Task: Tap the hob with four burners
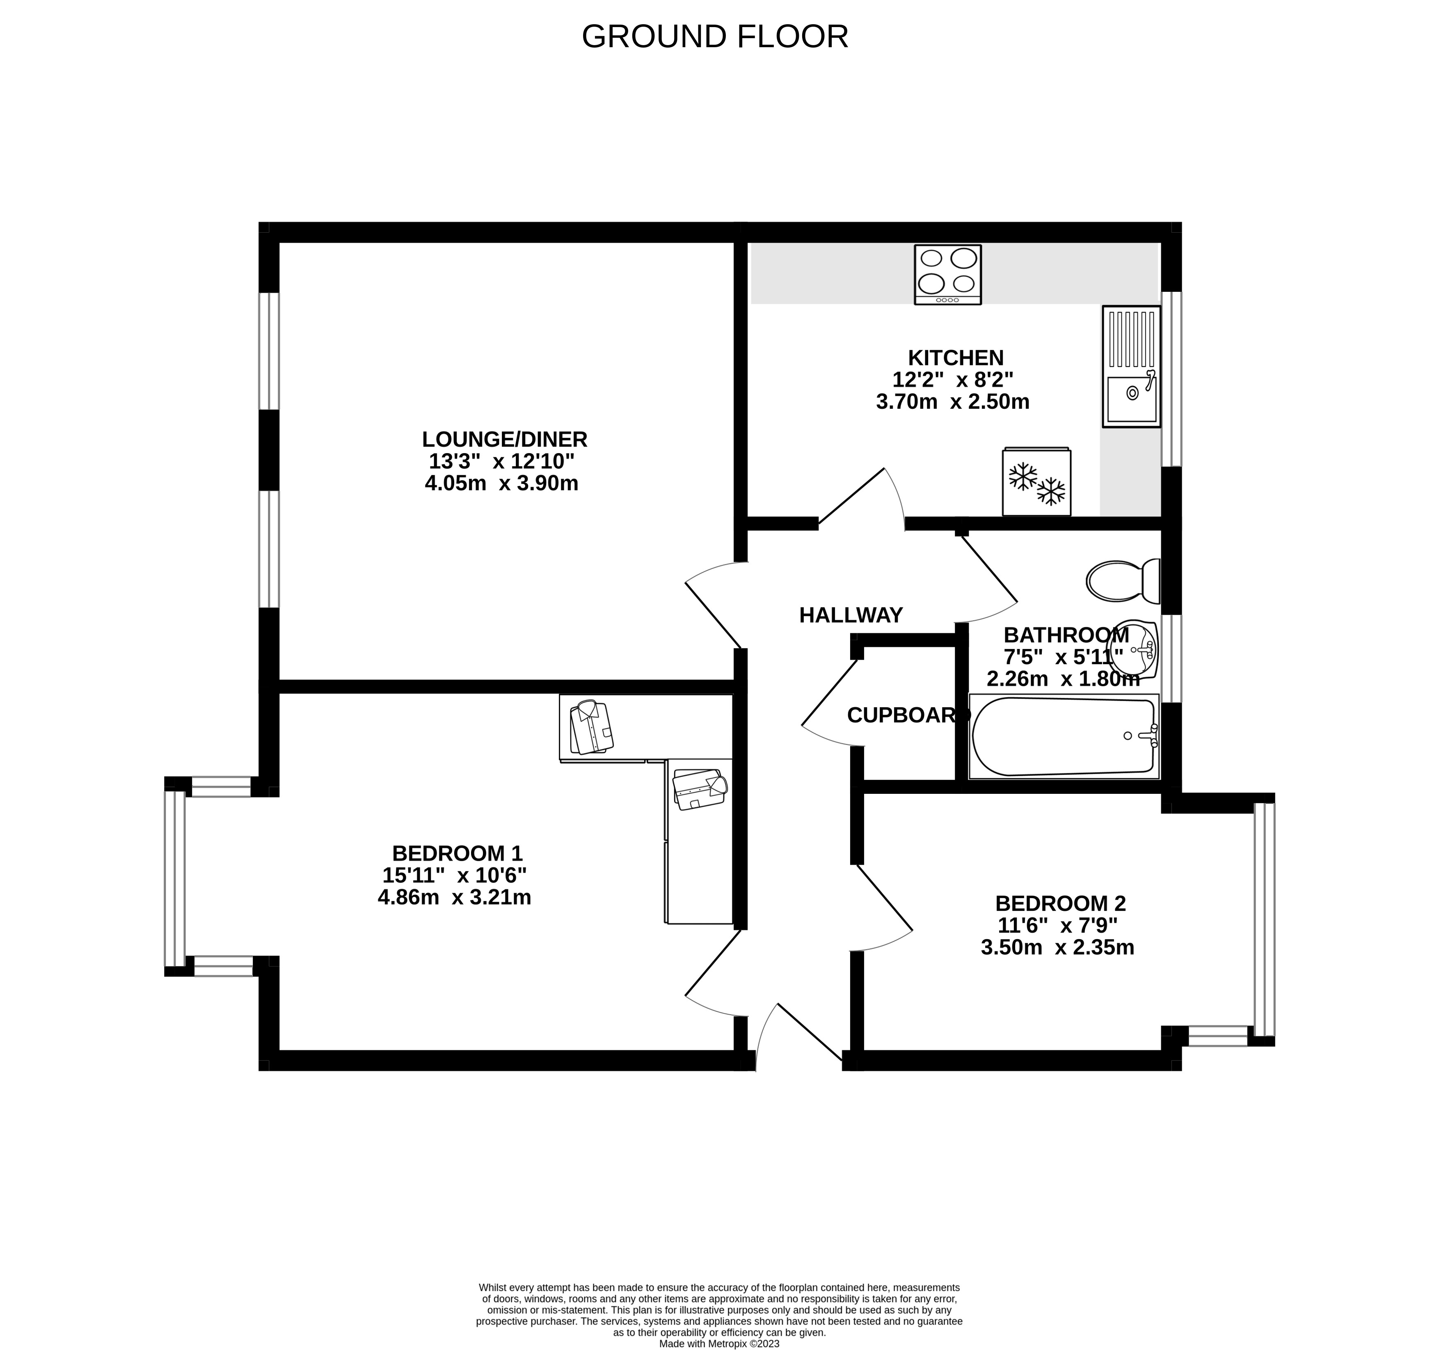click(947, 275)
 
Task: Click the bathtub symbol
click(1063, 736)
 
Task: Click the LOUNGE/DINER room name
click(505, 440)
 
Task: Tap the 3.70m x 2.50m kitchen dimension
click(953, 402)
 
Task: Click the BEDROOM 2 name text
click(1060, 904)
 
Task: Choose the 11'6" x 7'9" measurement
click(1057, 926)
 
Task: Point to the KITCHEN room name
click(956, 358)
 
